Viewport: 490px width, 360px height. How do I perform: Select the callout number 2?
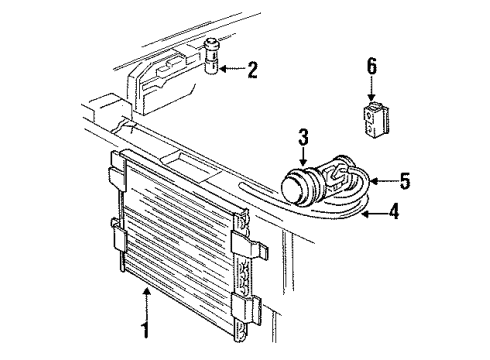coord(253,70)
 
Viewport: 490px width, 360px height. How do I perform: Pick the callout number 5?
coord(405,181)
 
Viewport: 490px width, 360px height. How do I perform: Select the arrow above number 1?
coord(147,297)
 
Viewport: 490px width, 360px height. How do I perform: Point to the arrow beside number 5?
coord(381,182)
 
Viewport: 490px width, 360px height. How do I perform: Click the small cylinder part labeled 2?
coord(212,57)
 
